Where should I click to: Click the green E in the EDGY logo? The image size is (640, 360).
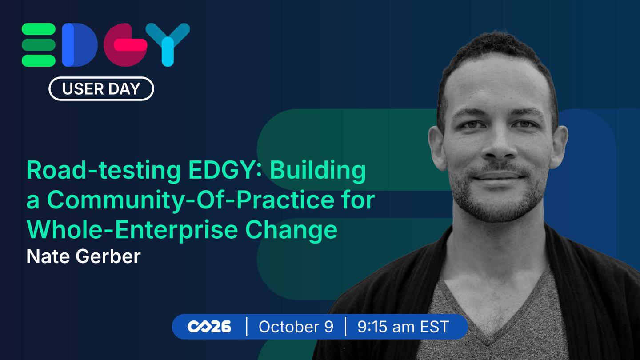(39, 45)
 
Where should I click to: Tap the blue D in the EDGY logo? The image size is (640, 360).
(80, 45)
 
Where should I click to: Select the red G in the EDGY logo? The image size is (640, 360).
(125, 45)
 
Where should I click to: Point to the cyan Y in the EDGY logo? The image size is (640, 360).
(168, 45)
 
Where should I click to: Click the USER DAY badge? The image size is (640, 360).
(101, 88)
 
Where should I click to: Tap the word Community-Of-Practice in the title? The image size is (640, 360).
(191, 201)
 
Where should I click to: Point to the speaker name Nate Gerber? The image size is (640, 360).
(84, 256)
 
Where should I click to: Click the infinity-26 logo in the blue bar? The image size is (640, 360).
(209, 327)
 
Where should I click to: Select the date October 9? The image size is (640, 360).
(296, 327)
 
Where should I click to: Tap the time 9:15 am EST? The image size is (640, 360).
(403, 327)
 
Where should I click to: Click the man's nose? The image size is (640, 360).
(499, 146)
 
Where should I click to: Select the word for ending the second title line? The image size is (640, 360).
(358, 201)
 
